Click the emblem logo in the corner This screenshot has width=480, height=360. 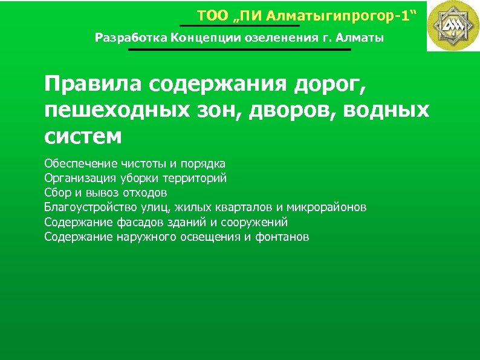(453, 25)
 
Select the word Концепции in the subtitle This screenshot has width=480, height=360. (203, 39)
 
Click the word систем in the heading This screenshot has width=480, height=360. (83, 136)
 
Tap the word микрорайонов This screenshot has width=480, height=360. (326, 208)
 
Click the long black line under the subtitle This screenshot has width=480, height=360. (239, 50)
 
